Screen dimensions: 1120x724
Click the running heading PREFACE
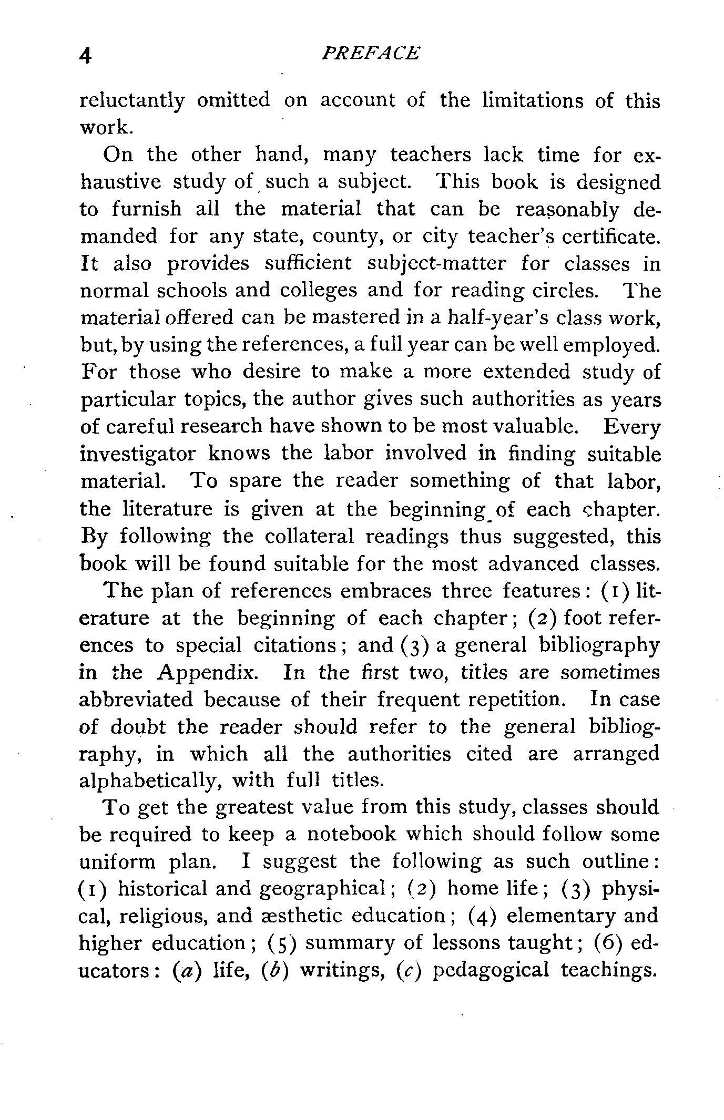point(371,53)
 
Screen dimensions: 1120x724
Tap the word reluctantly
point(132,101)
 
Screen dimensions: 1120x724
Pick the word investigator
point(138,454)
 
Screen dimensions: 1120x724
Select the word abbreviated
point(136,700)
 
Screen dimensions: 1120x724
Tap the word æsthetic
point(302,916)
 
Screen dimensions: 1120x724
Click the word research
point(221,426)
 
